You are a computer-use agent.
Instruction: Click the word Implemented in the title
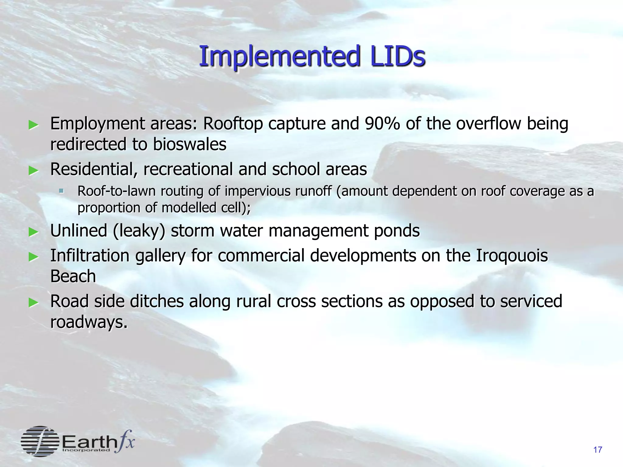click(280, 57)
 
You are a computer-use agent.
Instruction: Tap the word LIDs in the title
click(397, 57)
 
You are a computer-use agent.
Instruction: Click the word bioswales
click(190, 144)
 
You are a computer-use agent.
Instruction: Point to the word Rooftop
click(233, 124)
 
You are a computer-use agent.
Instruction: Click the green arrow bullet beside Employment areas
click(33, 125)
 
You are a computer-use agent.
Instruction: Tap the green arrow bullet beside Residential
click(33, 170)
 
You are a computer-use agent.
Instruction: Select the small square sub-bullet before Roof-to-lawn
click(61, 191)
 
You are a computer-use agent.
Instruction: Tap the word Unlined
click(78, 231)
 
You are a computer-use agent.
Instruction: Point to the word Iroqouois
click(512, 255)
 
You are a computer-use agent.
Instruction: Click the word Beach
click(73, 276)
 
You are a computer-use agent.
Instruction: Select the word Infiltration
click(90, 255)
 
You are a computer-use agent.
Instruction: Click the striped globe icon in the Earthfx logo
click(40, 441)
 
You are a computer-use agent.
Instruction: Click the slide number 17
click(597, 450)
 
